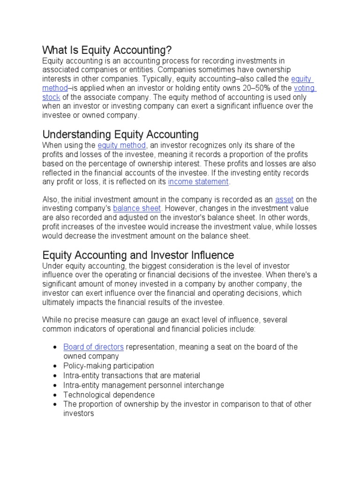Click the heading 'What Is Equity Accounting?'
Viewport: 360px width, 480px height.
[x=107, y=50]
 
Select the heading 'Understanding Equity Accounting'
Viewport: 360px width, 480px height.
[x=120, y=135]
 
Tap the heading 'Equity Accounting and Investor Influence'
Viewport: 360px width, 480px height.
[x=138, y=255]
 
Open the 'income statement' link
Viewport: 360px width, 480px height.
[x=198, y=182]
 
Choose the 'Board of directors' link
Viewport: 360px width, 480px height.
[x=93, y=347]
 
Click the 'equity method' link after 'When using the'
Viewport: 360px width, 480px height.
[x=122, y=146]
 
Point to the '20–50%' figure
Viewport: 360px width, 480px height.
[x=276, y=88]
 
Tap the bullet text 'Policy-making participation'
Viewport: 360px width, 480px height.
[x=109, y=366]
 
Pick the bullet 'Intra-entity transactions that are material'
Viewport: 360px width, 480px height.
[x=132, y=375]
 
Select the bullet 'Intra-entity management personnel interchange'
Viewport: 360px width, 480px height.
[x=143, y=385]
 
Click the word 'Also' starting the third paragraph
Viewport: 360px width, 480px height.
[x=51, y=200]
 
